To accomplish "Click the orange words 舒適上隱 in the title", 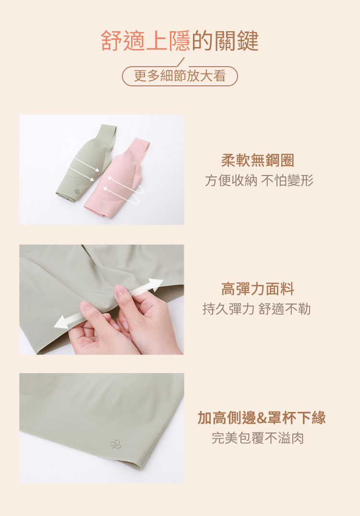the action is pyautogui.click(x=145, y=41).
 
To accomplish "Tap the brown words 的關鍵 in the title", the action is pyautogui.click(x=225, y=41).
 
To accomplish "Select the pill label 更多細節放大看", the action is pyautogui.click(x=180, y=76).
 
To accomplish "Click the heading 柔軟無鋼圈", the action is pyautogui.click(x=258, y=160).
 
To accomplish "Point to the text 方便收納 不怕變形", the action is pyautogui.click(x=259, y=180).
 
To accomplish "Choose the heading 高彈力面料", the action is pyautogui.click(x=258, y=289).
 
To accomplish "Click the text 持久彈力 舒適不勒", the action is pyautogui.click(x=257, y=309).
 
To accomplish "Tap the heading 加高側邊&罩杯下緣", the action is pyautogui.click(x=262, y=418).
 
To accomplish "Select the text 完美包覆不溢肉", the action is pyautogui.click(x=258, y=438).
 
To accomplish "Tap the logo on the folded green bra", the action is pyautogui.click(x=77, y=191).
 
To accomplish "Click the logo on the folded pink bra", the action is pyautogui.click(x=102, y=205).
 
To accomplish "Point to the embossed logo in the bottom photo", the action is pyautogui.click(x=115, y=444).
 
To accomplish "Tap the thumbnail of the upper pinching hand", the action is pyautogui.click(x=119, y=291).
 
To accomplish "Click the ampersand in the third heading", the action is pyautogui.click(x=261, y=418).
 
